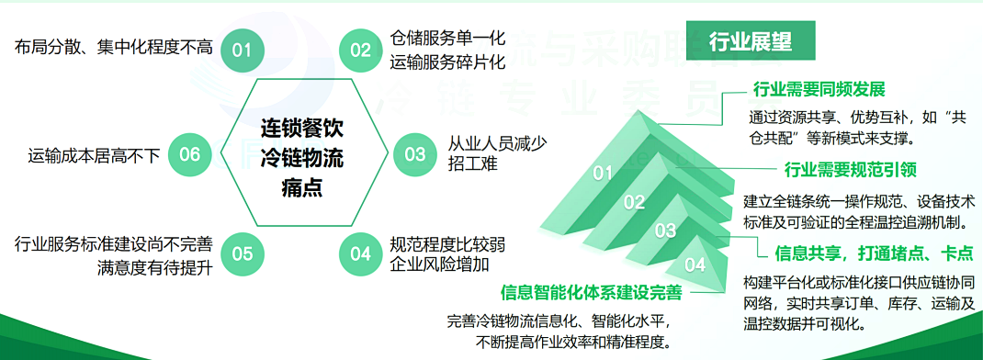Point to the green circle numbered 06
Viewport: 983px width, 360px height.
click(189, 153)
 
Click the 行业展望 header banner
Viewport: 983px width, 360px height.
click(751, 41)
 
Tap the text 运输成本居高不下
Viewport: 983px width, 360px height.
click(94, 154)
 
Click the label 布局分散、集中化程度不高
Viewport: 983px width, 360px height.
click(114, 47)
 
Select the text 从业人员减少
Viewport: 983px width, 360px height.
click(497, 143)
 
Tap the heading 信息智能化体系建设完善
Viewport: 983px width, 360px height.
click(592, 293)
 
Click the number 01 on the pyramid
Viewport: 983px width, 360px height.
click(603, 172)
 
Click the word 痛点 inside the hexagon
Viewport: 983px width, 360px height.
click(302, 190)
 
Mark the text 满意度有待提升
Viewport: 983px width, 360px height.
click(154, 267)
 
